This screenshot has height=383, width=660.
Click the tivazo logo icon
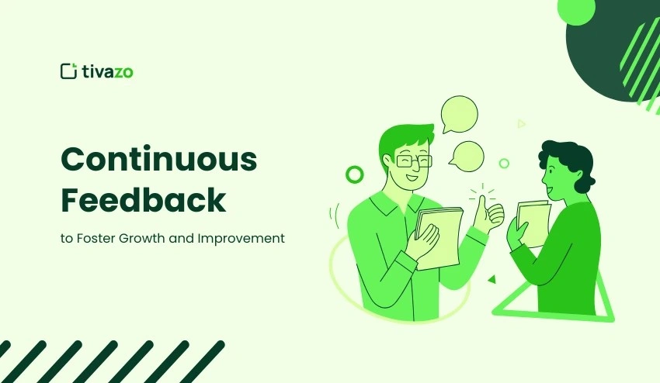68,71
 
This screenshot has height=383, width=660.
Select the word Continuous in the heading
158,160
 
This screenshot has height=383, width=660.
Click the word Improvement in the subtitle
241,238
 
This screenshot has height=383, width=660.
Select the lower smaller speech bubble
467,156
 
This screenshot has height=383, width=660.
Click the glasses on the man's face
413,161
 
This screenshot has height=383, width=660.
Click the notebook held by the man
439,236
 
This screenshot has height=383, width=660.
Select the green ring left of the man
354,174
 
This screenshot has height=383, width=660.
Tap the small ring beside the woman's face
504,164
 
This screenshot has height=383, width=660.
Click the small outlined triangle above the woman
521,123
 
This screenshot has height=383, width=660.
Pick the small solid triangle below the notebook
491,279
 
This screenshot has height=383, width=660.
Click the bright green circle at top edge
576,9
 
